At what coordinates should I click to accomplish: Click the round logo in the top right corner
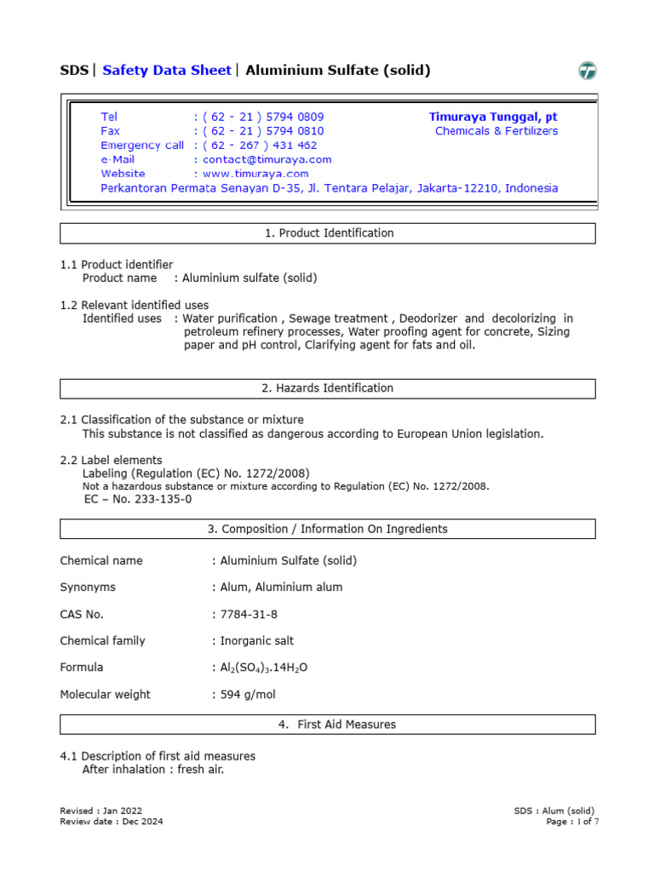[x=588, y=72]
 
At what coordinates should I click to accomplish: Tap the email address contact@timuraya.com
[x=267, y=159]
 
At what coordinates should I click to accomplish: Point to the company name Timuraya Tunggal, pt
[x=493, y=117]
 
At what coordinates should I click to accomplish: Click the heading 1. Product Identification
[x=327, y=233]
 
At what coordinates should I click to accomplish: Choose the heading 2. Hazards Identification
[x=327, y=388]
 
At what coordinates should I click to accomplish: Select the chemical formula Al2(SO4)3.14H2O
[x=263, y=668]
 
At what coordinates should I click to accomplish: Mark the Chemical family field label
[x=102, y=641]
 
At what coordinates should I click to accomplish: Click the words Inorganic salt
[x=256, y=641]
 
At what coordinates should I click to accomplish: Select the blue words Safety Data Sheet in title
[x=166, y=71]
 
